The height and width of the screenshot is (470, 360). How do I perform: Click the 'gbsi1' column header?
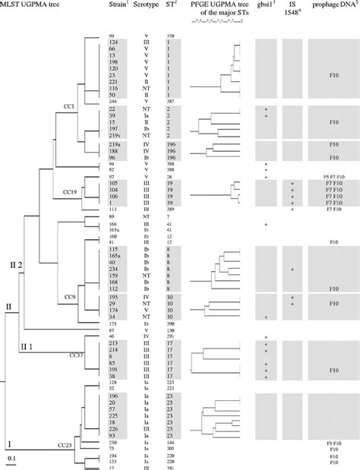267,6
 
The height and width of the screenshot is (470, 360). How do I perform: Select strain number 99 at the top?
112,36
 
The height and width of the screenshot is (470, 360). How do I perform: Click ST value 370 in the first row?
172,36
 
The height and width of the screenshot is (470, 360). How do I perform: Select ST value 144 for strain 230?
172,442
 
